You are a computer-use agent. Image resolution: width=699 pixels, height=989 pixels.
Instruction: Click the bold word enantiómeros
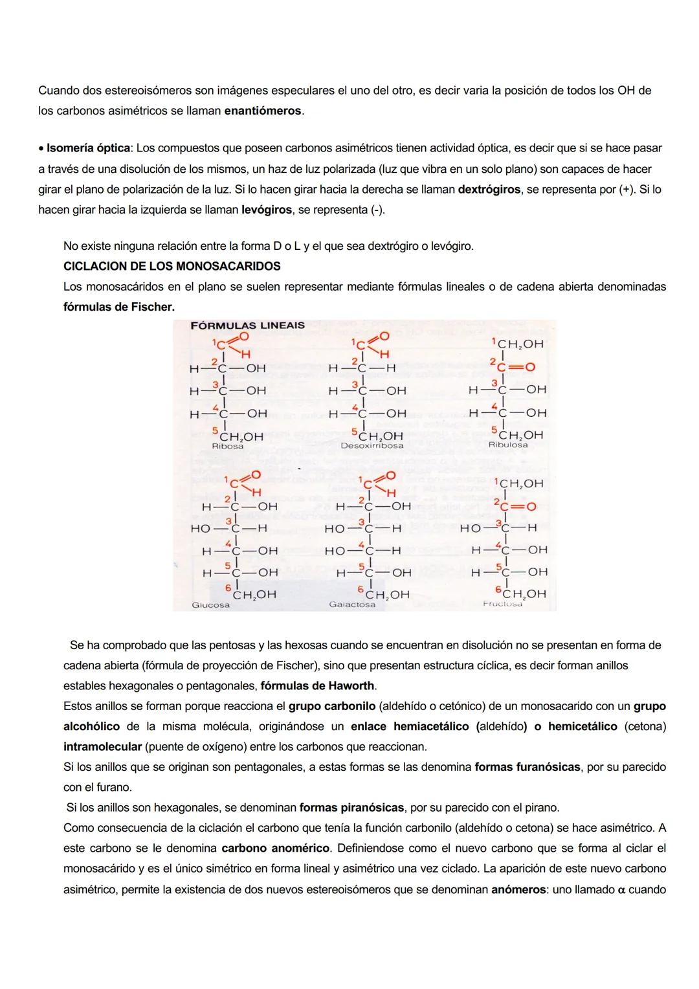pos(263,111)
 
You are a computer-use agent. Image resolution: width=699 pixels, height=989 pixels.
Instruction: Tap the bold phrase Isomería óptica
pos(88,148)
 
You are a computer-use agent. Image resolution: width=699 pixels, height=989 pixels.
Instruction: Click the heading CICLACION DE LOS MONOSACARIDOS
pos(172,266)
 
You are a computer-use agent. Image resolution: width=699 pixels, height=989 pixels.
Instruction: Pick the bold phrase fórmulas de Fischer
pos(118,306)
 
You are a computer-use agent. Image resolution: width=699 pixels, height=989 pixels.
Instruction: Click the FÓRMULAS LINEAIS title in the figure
pos(247,326)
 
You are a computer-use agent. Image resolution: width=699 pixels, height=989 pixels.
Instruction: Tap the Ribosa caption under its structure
pos(227,446)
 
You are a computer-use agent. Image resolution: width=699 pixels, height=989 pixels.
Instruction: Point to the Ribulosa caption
pos(507,445)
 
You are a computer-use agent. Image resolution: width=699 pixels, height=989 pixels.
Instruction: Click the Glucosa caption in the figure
pos(210,605)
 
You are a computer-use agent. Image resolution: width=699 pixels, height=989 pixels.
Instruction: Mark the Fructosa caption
pos(503,603)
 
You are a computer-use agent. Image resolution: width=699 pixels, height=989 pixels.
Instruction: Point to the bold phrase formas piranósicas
pos(351,808)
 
